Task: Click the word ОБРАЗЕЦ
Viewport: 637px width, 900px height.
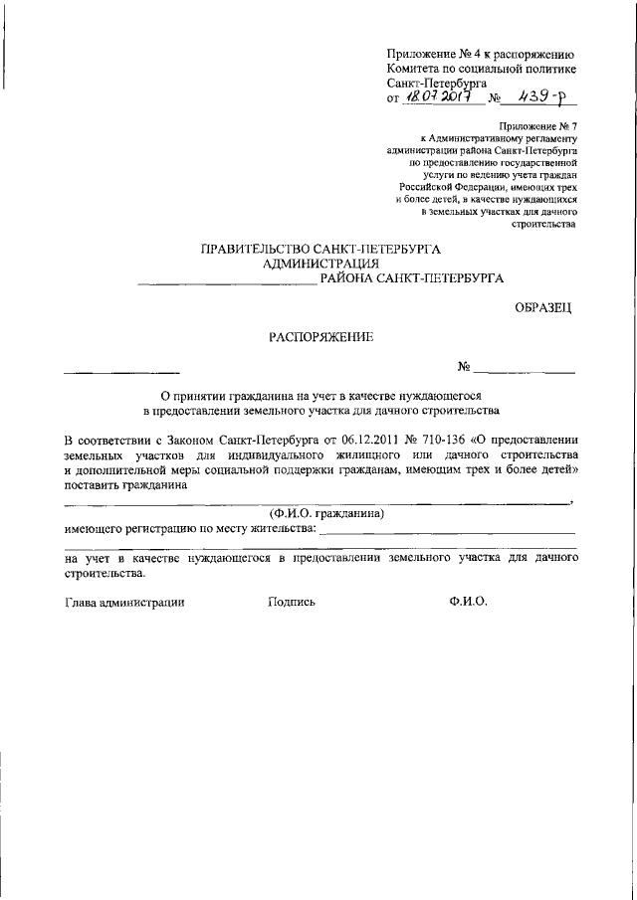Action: point(544,308)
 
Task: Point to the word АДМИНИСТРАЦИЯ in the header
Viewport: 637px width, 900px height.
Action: point(320,264)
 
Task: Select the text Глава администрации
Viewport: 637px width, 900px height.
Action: point(124,602)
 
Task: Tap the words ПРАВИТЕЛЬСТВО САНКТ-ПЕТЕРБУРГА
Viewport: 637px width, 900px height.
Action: point(320,249)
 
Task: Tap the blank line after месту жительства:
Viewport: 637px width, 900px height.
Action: point(450,531)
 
